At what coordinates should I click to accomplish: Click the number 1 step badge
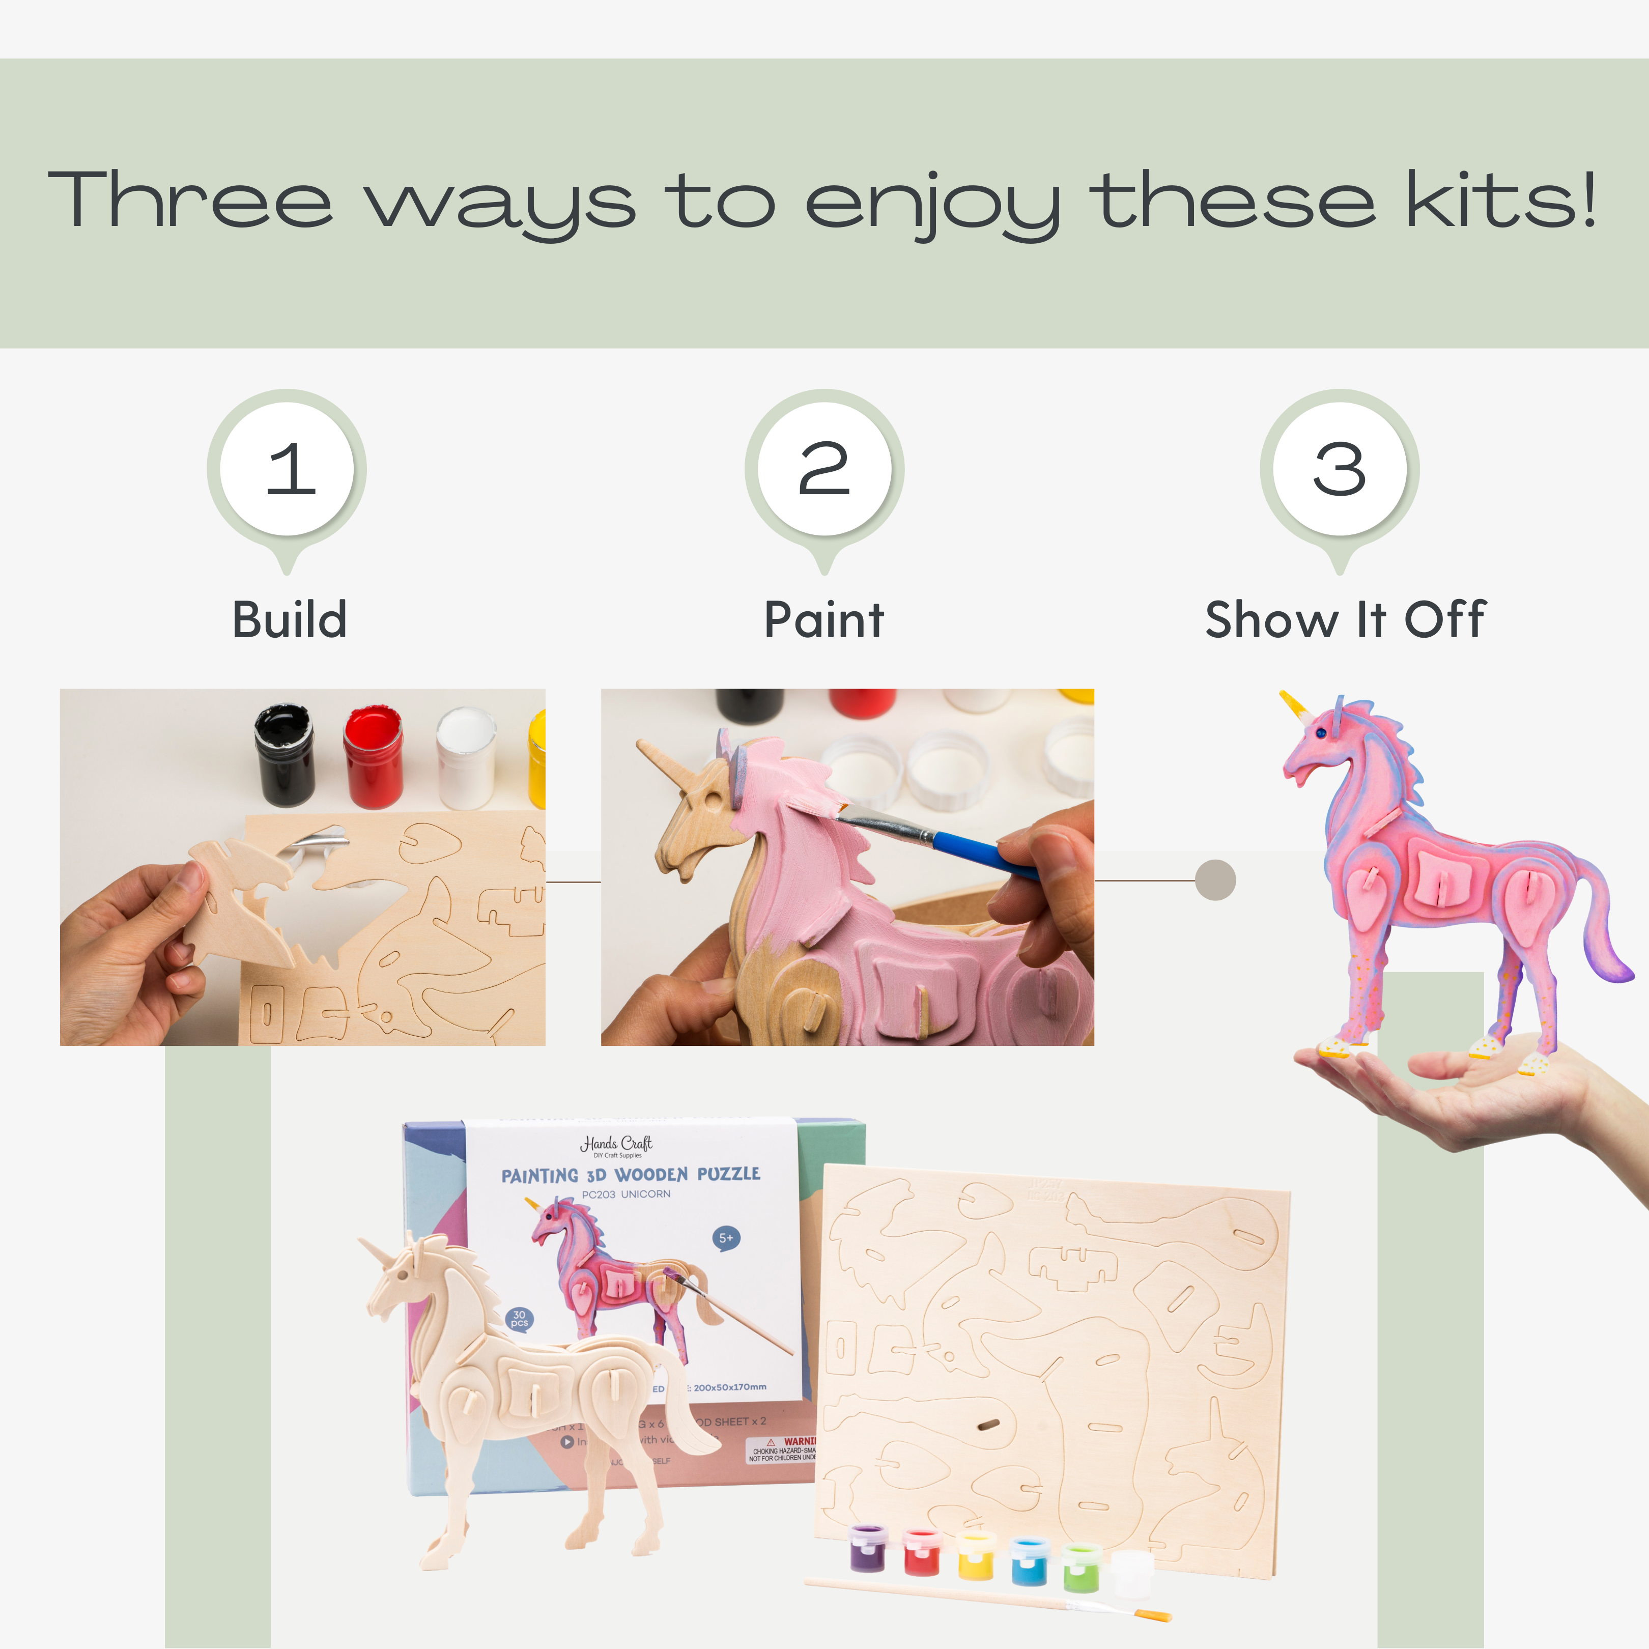tap(287, 469)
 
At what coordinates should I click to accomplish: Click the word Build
tap(290, 620)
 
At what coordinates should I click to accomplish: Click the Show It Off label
tap(1345, 620)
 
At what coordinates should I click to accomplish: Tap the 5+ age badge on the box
tap(725, 1238)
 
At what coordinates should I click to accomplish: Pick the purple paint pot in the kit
tap(869, 1549)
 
